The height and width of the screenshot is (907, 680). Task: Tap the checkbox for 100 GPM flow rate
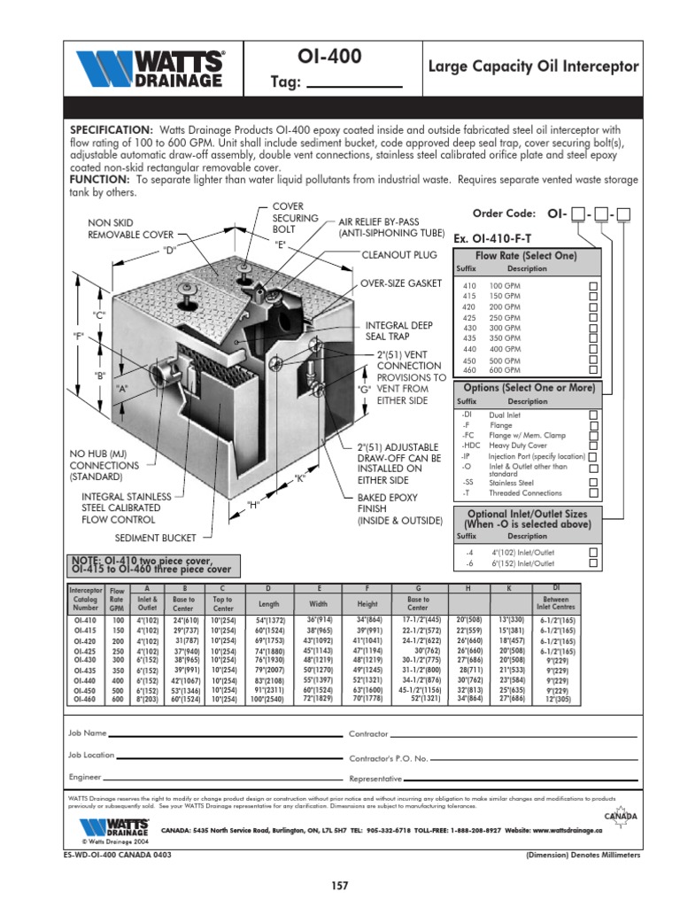594,286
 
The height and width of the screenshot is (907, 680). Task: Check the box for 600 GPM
594,370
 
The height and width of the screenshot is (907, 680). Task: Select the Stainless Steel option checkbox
594,483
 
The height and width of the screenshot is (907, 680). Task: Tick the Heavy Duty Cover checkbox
594,446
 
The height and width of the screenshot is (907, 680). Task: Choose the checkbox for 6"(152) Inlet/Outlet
594,563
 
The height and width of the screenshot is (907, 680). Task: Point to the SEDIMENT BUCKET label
155,538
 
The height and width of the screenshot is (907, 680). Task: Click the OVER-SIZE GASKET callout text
399,283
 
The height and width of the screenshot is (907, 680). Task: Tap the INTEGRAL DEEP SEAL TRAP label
399,331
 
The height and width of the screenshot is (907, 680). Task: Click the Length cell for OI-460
268,699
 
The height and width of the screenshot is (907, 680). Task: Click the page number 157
340,886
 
